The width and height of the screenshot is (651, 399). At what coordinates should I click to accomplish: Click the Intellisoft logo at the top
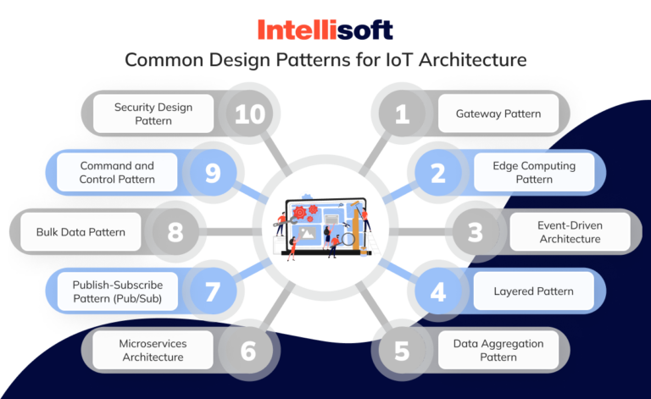325,30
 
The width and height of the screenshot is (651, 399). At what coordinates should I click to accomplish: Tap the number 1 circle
402,114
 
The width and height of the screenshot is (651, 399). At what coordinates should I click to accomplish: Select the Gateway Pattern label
498,114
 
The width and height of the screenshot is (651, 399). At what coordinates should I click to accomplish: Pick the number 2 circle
438,173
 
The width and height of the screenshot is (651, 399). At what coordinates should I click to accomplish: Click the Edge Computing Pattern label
534,173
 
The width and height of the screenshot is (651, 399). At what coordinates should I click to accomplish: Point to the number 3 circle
475,232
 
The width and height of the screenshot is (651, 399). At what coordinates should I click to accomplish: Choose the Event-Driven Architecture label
570,232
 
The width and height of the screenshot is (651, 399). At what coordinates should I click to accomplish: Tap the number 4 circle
438,291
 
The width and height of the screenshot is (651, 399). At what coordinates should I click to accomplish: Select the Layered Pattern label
534,291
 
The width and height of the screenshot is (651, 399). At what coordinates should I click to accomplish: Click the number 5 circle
402,351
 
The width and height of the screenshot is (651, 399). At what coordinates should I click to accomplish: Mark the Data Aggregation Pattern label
498,351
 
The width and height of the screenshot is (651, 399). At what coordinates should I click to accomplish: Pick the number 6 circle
248,351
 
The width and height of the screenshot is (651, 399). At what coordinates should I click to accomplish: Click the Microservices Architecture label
153,351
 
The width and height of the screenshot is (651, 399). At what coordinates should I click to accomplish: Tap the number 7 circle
212,291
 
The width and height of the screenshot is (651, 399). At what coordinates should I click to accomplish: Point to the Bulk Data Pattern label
81,232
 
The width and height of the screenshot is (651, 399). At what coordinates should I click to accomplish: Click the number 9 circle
212,173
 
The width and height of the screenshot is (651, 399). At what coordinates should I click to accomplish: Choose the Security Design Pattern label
153,114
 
